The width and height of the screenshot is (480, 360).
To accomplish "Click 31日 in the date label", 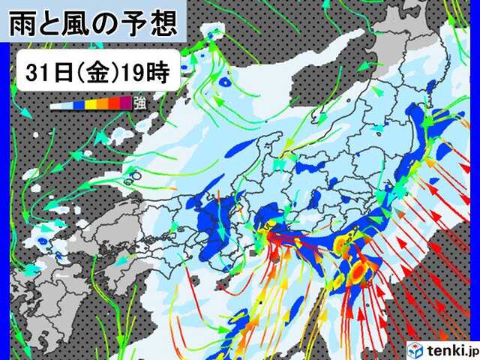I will click(x=45, y=73).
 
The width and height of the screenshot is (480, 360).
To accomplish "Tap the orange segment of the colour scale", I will click(x=103, y=103).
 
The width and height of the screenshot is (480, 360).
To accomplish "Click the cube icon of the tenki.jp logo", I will click(x=415, y=349).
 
